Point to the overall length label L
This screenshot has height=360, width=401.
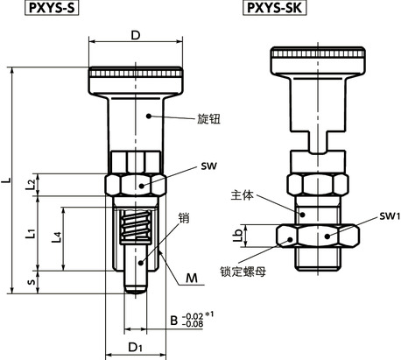(x=7, y=181)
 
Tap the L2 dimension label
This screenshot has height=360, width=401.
(x=31, y=183)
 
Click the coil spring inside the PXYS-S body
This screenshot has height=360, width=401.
(x=133, y=234)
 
